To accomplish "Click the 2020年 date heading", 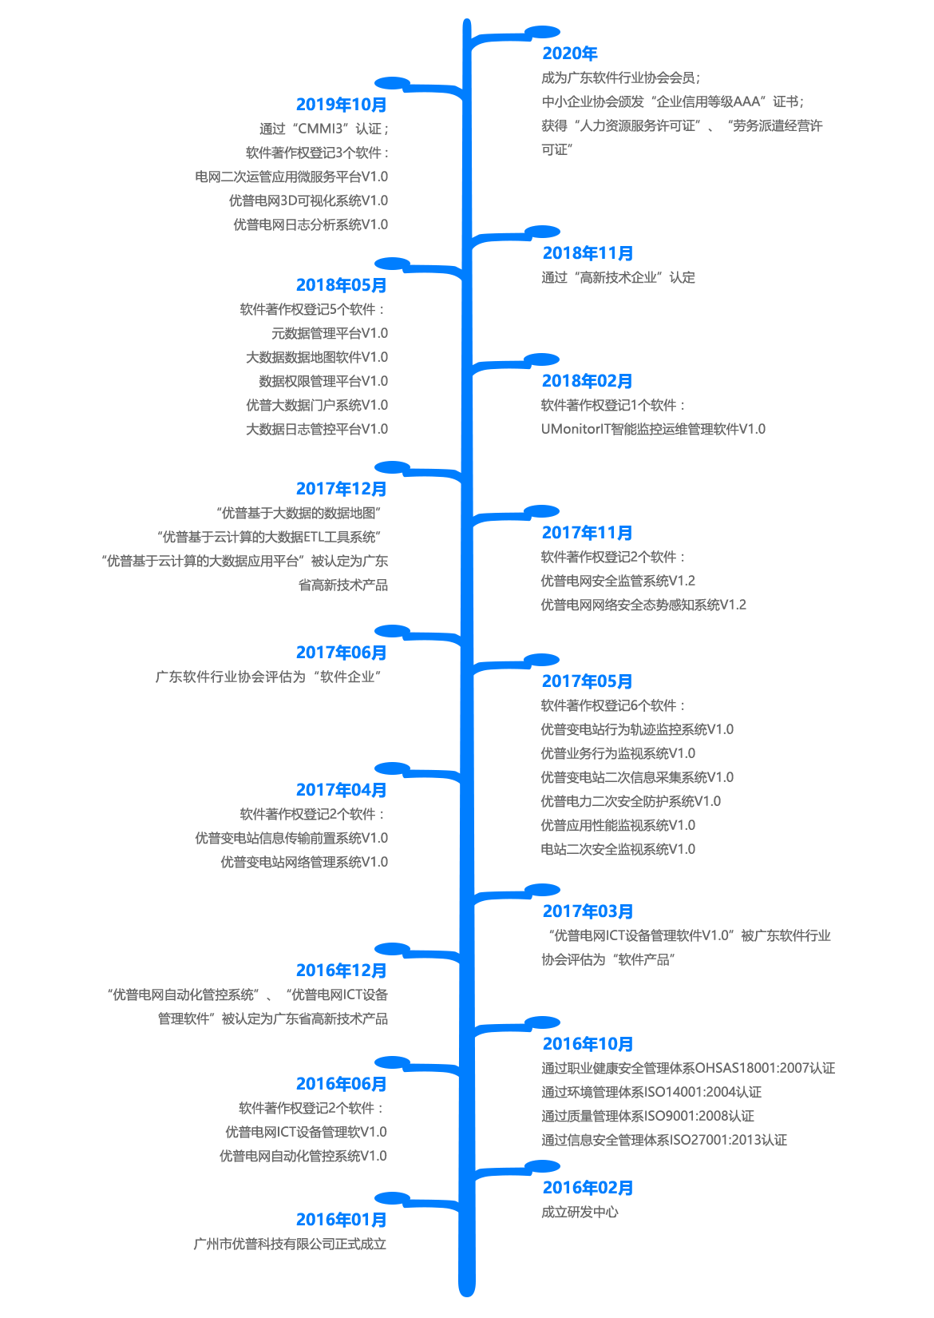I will [x=569, y=54].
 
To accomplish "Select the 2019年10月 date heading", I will [x=341, y=105].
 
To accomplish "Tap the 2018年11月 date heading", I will [x=587, y=253].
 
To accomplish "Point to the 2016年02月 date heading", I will [x=587, y=1188].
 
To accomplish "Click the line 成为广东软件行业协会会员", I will [x=620, y=77].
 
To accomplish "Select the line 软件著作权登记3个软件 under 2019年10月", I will [x=316, y=153].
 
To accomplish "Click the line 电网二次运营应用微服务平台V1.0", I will [x=292, y=177].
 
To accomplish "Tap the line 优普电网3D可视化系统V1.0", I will [x=308, y=200].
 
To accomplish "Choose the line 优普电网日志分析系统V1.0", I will [x=310, y=224].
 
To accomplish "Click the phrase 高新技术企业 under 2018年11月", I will [x=618, y=277].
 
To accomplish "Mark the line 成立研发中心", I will [x=580, y=1212].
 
